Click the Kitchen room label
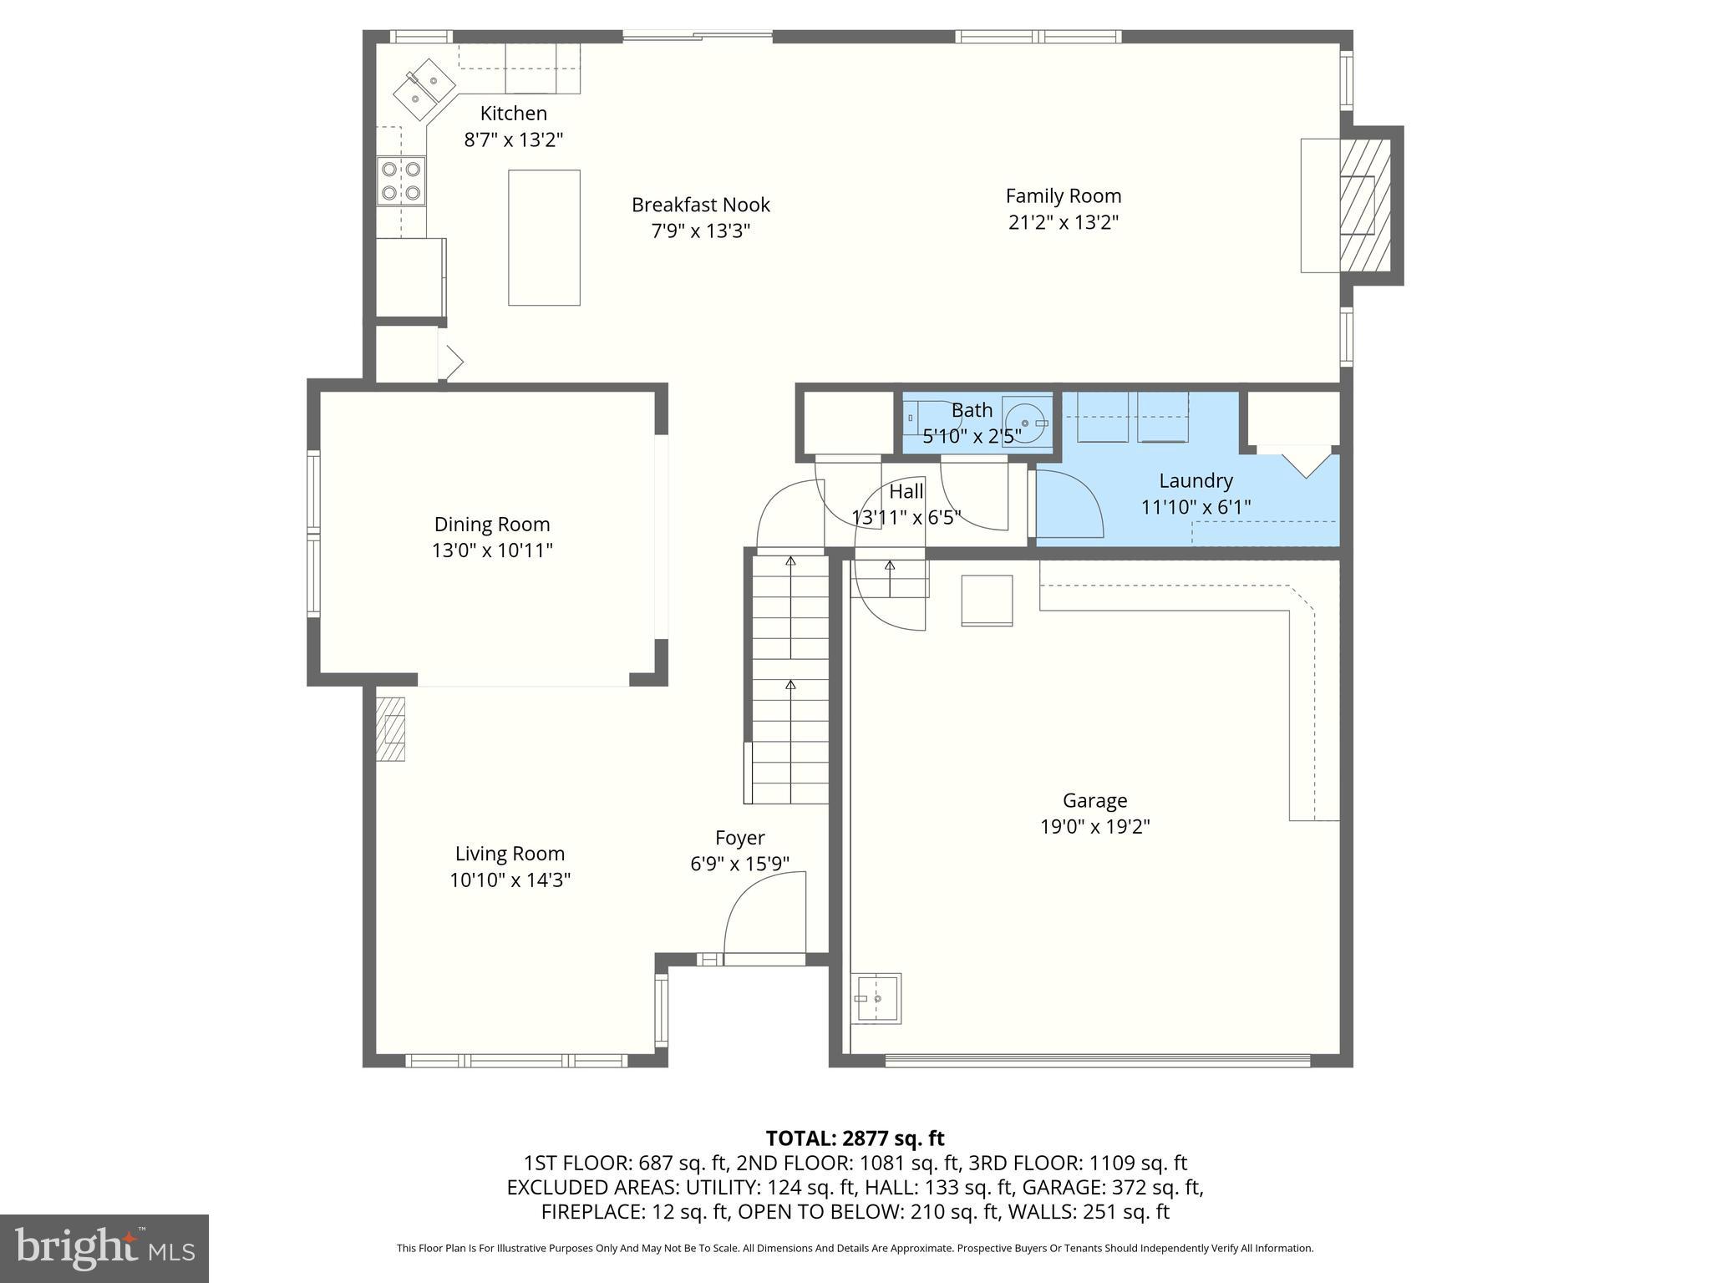click(513, 114)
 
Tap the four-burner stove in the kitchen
click(401, 181)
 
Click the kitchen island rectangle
click(544, 238)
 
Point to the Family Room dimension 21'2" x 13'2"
click(1063, 222)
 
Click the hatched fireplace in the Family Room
click(1364, 205)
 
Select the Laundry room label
click(1196, 480)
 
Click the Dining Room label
click(492, 525)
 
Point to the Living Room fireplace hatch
click(390, 728)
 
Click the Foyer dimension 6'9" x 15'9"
click(739, 864)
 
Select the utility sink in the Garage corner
click(876, 997)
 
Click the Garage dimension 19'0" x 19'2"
click(1094, 827)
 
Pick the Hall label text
click(906, 491)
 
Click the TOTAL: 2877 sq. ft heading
click(855, 1138)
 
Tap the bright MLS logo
click(104, 1249)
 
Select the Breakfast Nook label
click(700, 205)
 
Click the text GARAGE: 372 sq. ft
click(1108, 1187)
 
